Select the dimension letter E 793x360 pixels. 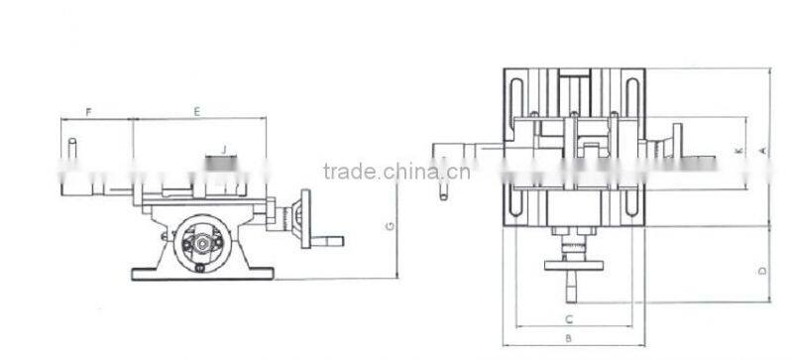coord(197,112)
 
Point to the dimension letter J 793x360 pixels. coord(224,150)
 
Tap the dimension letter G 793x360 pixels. coord(390,227)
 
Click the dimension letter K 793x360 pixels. coord(738,151)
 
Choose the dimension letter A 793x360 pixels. coord(761,150)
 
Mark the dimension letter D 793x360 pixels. coord(761,268)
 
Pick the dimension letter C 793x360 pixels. coord(568,319)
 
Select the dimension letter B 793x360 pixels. coord(568,338)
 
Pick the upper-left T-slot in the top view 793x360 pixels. coord(517,99)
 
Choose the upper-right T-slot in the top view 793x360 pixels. coord(630,99)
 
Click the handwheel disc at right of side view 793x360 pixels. coord(304,217)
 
